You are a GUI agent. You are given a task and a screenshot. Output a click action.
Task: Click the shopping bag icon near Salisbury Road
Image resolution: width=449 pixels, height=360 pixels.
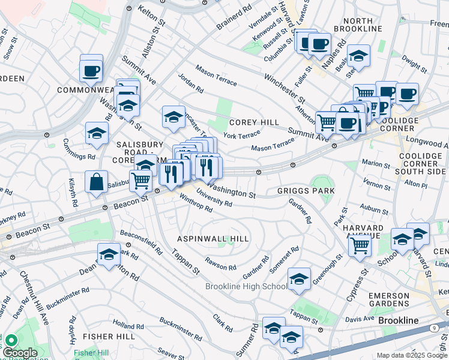[x=96, y=182]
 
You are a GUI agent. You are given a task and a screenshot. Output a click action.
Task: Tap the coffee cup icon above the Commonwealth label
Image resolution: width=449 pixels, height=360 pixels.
[x=91, y=71]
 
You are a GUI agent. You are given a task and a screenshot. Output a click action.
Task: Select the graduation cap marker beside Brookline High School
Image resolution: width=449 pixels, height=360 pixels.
[x=299, y=279]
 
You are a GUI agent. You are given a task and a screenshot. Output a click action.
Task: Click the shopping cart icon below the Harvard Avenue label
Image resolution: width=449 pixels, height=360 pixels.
[x=360, y=244]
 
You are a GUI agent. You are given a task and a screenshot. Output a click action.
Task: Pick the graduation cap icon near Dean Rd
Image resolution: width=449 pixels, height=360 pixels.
[x=109, y=254]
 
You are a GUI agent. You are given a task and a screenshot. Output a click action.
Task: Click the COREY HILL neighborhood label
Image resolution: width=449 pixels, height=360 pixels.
[x=254, y=122]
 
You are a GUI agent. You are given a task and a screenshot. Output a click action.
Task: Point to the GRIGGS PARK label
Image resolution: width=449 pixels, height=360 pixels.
[x=306, y=191]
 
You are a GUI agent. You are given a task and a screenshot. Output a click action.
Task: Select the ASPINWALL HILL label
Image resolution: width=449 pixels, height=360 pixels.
[x=212, y=239]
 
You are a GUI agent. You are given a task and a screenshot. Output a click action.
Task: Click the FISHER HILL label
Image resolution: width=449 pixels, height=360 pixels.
[x=109, y=337]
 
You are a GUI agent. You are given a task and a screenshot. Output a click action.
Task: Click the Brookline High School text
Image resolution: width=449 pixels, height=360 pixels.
[x=247, y=286]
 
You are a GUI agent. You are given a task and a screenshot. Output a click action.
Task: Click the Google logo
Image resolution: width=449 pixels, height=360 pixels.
[x=20, y=353]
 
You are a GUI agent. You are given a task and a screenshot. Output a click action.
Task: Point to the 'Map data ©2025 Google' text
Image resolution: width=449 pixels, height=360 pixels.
[x=412, y=355]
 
